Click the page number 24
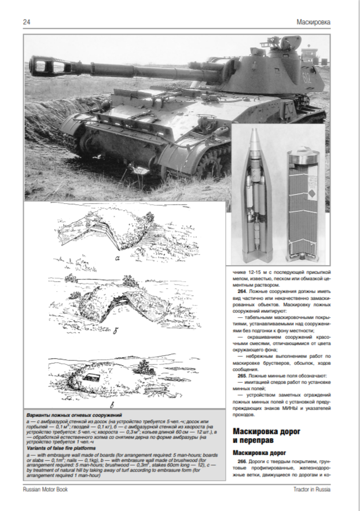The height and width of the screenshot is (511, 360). tap(27, 22)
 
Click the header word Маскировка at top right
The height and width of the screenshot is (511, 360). tap(313, 22)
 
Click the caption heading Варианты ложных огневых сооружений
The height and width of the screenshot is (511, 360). tap(74, 416)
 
